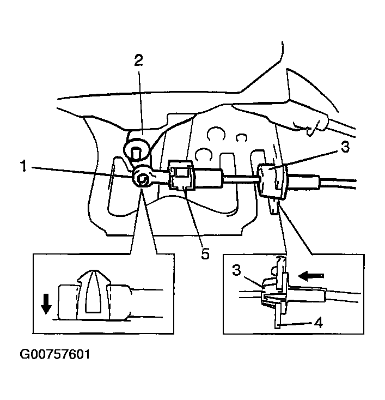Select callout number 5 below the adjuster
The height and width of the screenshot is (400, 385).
pos(205,254)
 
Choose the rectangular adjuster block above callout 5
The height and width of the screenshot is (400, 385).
pos(182,174)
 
